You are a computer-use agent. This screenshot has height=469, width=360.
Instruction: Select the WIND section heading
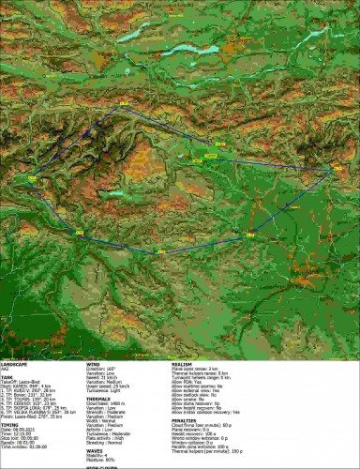[94, 362]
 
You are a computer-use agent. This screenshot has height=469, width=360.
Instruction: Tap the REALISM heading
[184, 362]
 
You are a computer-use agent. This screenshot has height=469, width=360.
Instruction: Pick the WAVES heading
[95, 449]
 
